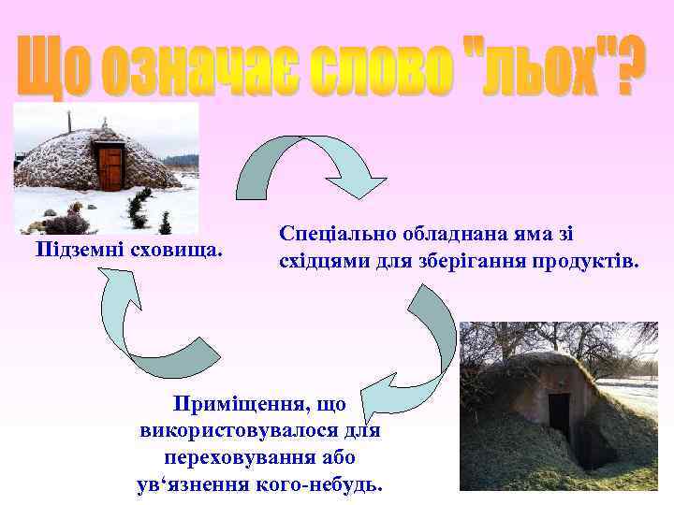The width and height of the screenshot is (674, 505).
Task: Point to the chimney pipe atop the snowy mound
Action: (68, 122)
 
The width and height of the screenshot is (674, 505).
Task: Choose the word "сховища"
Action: (177, 251)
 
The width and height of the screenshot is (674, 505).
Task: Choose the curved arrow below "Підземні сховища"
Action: (140, 323)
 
